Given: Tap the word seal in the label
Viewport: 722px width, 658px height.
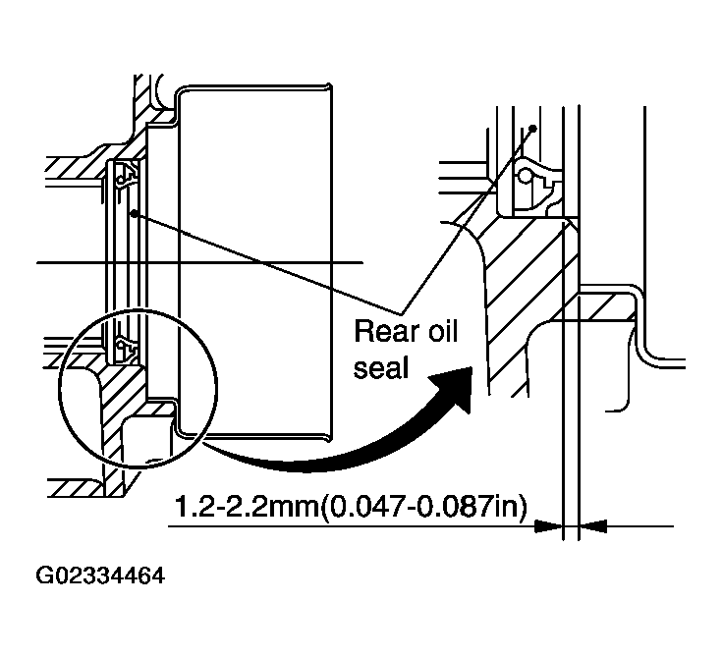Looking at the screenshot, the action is [381, 367].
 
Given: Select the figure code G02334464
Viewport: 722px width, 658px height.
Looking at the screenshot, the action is [100, 576].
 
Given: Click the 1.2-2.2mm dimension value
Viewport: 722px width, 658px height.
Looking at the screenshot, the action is [246, 508].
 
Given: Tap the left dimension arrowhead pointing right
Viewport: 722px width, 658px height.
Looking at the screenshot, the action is [548, 525].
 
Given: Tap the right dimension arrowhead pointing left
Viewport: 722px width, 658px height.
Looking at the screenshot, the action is [593, 525].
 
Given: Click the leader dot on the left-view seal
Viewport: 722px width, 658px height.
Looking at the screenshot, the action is [134, 213].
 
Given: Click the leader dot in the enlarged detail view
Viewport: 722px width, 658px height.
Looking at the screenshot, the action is [533, 128].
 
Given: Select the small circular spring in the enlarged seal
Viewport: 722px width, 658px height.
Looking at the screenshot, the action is [526, 177].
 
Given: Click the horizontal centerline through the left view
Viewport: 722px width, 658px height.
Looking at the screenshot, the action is [199, 263].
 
